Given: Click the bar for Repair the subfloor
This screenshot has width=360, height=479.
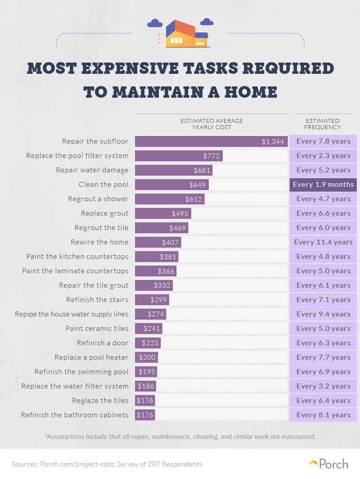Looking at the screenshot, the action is pyautogui.click(x=211, y=141).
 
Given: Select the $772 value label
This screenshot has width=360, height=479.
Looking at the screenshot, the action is pyautogui.click(x=211, y=156).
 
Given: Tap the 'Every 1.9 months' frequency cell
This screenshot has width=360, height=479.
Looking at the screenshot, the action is pyautogui.click(x=323, y=185).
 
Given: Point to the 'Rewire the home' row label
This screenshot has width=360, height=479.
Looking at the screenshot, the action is pyautogui.click(x=99, y=242).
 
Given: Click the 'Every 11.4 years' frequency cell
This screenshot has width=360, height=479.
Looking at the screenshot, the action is pyautogui.click(x=323, y=242).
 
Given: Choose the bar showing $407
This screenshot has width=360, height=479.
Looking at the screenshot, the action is pyautogui.click(x=158, y=242).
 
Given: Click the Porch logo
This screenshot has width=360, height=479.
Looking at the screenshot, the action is pyautogui.click(x=328, y=464).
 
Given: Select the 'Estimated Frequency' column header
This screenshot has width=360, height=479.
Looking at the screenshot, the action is pyautogui.click(x=323, y=124).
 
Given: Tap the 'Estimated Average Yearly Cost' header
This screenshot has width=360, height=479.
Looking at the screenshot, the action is pyautogui.click(x=211, y=124).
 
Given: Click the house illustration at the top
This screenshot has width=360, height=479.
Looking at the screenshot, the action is pyautogui.click(x=187, y=34).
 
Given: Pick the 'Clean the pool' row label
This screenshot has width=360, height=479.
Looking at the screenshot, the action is pyautogui.click(x=103, y=185).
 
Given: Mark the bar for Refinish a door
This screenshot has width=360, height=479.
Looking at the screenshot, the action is pyautogui.click(x=148, y=343).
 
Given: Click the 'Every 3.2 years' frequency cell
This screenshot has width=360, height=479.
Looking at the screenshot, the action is pyautogui.click(x=323, y=386).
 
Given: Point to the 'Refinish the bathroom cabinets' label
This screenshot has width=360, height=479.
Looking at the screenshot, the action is pyautogui.click(x=75, y=415).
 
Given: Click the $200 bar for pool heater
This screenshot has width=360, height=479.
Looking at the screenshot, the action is pyautogui.click(x=146, y=357).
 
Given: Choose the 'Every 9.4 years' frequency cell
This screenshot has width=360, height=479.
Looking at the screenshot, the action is pyautogui.click(x=323, y=314).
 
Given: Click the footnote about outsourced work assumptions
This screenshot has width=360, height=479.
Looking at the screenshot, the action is pyautogui.click(x=180, y=437).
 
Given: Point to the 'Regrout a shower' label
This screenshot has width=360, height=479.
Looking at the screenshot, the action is pyautogui.click(x=98, y=199).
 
